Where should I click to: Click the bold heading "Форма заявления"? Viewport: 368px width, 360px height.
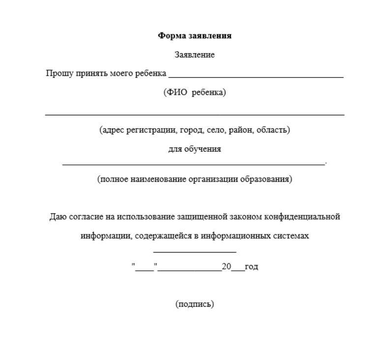coord(194,35)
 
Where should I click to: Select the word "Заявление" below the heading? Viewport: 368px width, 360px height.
coord(194,55)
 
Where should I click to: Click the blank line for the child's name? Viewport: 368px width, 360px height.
coord(255,77)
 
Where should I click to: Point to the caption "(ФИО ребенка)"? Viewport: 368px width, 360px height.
coord(194,92)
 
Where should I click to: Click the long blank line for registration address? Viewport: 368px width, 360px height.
coord(194,114)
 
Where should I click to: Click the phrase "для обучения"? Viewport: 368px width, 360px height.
coord(194,149)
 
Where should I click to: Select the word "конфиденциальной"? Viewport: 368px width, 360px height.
coord(302,217)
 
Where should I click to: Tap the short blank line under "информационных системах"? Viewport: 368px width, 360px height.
coord(195,252)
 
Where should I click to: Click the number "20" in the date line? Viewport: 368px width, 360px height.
coord(226,266)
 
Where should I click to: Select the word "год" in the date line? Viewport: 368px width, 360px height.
coord(251,266)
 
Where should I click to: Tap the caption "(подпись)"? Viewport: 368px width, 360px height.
coord(194,304)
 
